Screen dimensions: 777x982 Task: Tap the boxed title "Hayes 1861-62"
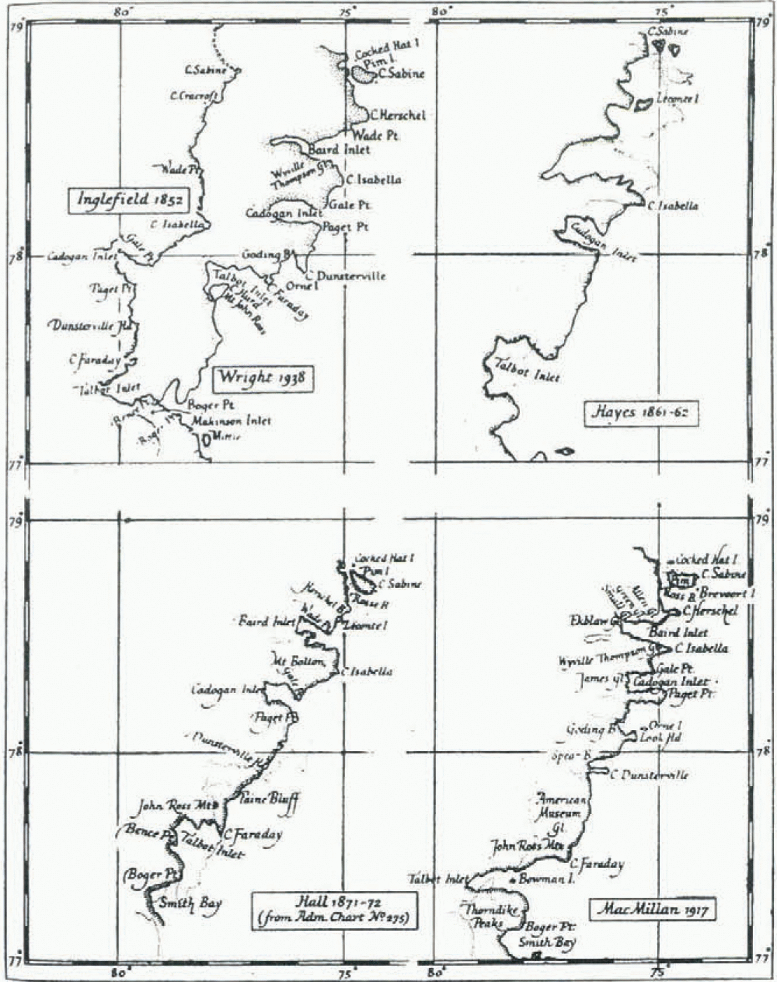(x=640, y=413)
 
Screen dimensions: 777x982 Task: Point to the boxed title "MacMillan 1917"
(x=652, y=910)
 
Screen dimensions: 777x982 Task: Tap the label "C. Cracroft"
(x=194, y=96)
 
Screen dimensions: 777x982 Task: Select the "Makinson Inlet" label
(x=231, y=421)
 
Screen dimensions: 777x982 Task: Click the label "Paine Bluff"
(x=269, y=800)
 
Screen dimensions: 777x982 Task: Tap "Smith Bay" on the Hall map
(x=190, y=903)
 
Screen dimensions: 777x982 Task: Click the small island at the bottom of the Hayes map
(x=564, y=452)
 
